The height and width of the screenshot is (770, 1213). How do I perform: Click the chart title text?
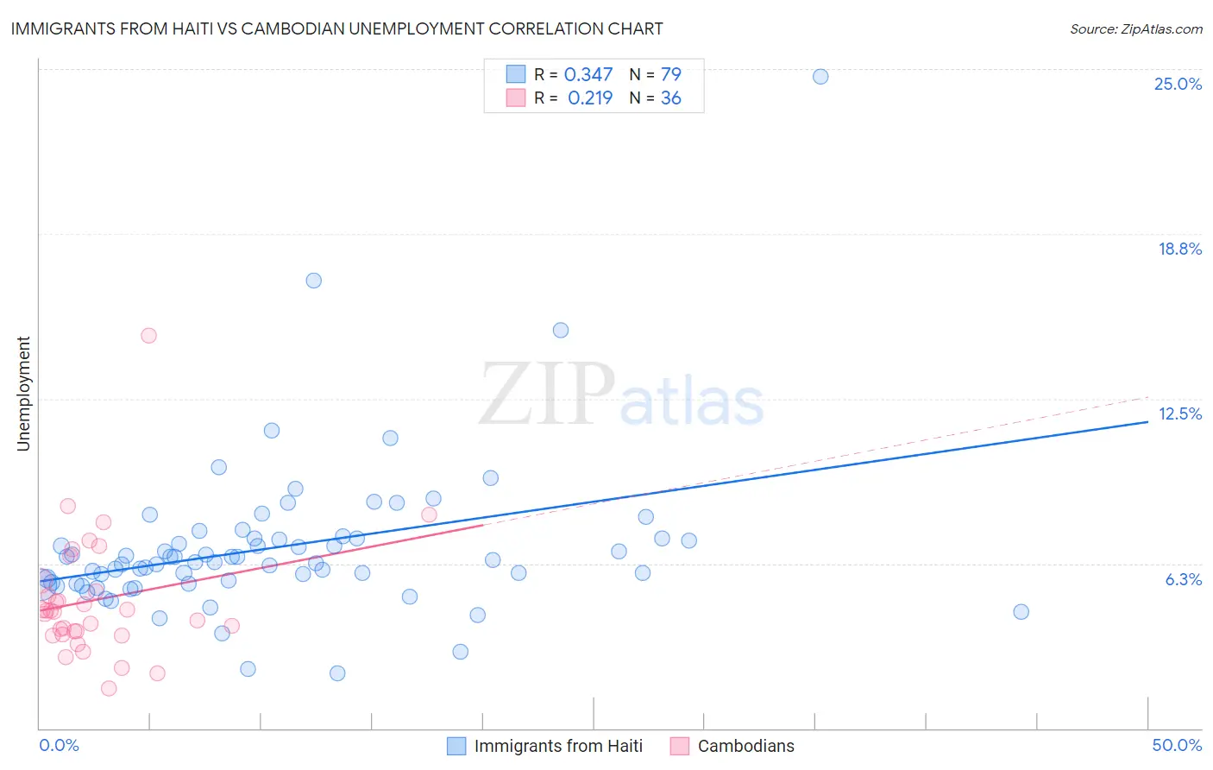(x=336, y=28)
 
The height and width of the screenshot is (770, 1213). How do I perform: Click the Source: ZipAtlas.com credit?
(x=1135, y=28)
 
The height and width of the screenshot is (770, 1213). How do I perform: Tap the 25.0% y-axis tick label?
(x=1178, y=84)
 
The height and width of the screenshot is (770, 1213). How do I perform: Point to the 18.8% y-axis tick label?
(x=1179, y=249)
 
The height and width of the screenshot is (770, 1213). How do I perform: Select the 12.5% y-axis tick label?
(x=1179, y=413)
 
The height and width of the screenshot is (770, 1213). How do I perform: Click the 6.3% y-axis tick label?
(x=1183, y=579)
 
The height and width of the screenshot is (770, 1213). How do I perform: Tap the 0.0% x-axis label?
(x=59, y=745)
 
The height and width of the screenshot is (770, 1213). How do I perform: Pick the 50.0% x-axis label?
(x=1177, y=745)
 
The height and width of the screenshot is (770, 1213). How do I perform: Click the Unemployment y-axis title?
(x=23, y=394)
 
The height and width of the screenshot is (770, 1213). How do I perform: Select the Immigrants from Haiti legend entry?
(x=558, y=746)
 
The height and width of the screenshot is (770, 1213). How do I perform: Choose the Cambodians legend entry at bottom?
(x=745, y=746)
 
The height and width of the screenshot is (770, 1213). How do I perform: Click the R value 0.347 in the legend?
(x=588, y=75)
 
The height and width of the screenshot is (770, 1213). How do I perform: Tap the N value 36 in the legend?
(x=670, y=98)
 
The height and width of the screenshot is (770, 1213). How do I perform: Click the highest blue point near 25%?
(x=820, y=77)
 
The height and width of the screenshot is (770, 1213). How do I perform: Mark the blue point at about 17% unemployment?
(x=314, y=281)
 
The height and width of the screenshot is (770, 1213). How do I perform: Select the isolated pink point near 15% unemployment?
(x=148, y=336)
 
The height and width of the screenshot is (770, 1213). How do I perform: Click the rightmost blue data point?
(x=1021, y=612)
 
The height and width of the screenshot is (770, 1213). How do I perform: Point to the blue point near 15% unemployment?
(x=561, y=330)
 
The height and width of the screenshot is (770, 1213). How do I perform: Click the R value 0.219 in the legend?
(x=590, y=98)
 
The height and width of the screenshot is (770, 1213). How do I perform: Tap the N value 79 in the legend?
(x=670, y=75)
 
